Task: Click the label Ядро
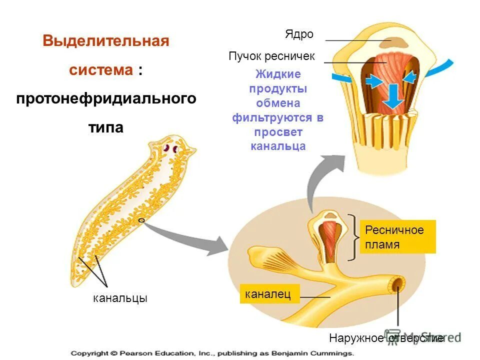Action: pyautogui.click(x=299, y=34)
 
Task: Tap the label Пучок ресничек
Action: pyautogui.click(x=271, y=56)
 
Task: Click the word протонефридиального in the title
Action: pyautogui.click(x=106, y=98)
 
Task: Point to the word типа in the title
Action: pyautogui.click(x=106, y=127)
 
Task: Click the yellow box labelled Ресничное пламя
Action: pyautogui.click(x=397, y=237)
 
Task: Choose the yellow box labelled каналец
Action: pyautogui.click(x=269, y=294)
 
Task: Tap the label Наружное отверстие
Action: pyautogui.click(x=386, y=338)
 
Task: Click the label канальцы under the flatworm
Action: pyautogui.click(x=120, y=298)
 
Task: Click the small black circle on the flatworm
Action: pyautogui.click(x=141, y=219)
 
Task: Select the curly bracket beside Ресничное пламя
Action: pyautogui.click(x=355, y=237)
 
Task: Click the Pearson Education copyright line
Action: pyautogui.click(x=212, y=353)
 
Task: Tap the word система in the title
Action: pyautogui.click(x=100, y=70)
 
